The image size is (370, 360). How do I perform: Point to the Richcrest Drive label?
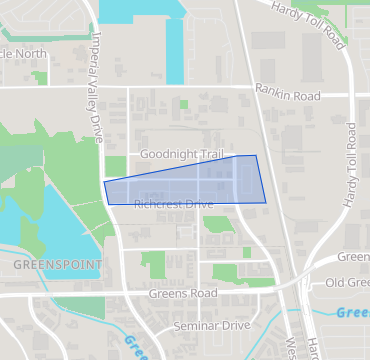pyautogui.click(x=173, y=204)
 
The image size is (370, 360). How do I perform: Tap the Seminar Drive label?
pyautogui.click(x=211, y=326)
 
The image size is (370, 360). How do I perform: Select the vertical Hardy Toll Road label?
pyautogui.click(x=351, y=165)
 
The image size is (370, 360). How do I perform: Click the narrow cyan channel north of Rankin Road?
pyautogui.click(x=175, y=45)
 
